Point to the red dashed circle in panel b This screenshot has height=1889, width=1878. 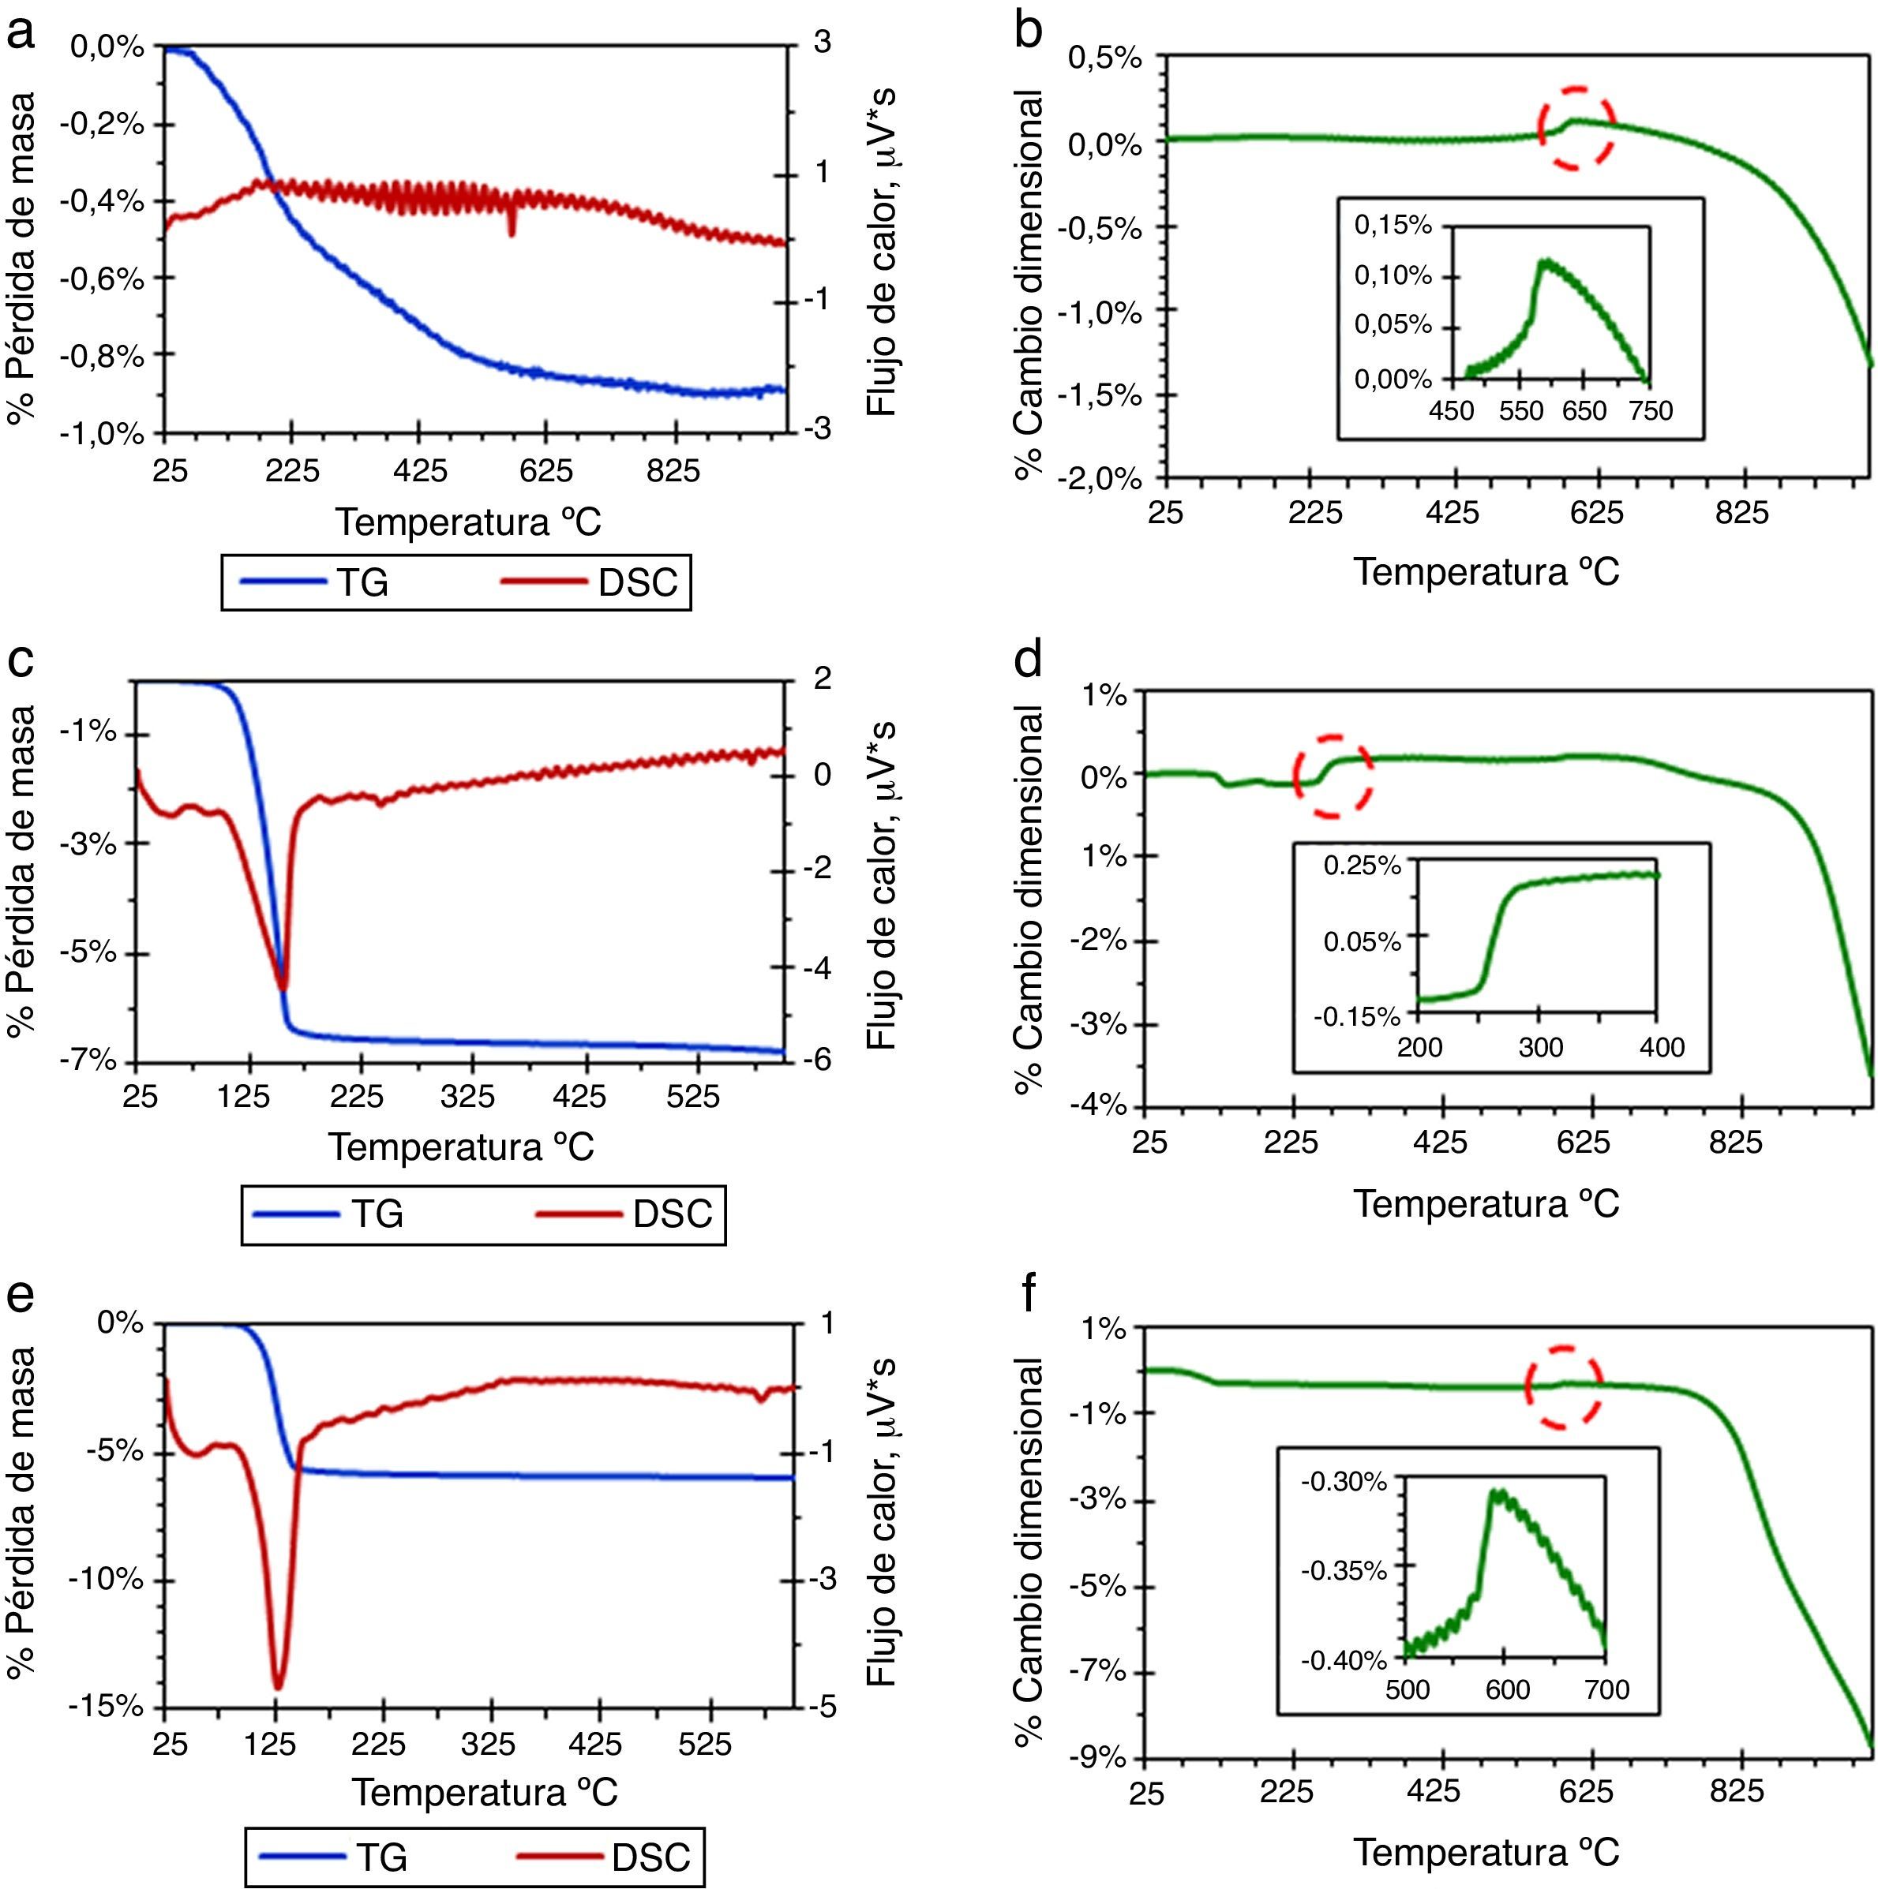(x=1576, y=127)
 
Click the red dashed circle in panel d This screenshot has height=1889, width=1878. (x=1333, y=776)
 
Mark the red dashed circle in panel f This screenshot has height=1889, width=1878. (x=1563, y=1386)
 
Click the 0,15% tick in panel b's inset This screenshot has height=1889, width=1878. (x=1392, y=226)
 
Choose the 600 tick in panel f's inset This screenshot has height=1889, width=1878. (x=1507, y=1689)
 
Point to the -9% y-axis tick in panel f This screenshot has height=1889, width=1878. (x=1100, y=1758)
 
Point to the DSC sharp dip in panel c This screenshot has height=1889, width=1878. (x=283, y=988)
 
